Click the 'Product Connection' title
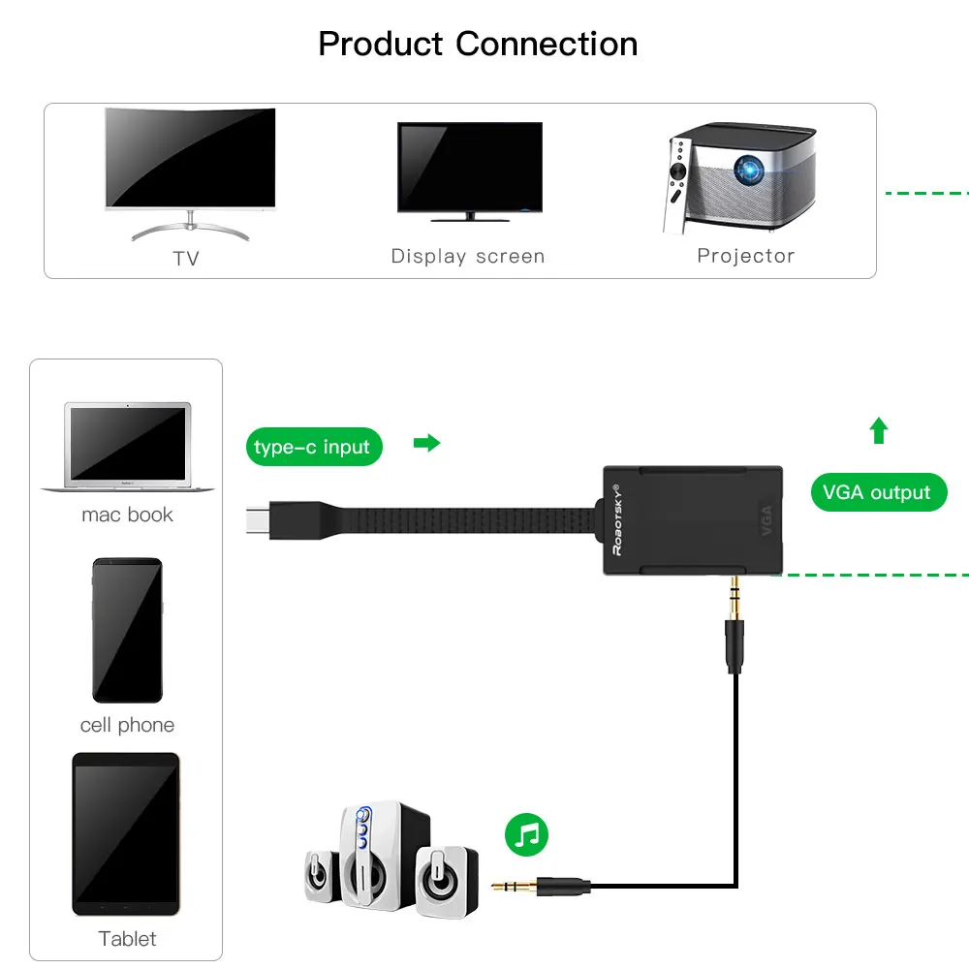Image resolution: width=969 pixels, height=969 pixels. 478,45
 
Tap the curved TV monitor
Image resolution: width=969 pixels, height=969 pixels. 190,173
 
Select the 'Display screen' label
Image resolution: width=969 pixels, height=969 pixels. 468,256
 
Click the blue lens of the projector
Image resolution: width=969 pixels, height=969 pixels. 748,170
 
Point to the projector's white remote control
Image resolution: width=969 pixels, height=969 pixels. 676,185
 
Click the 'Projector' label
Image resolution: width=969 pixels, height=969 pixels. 746,255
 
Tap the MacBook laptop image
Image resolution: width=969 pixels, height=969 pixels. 128,447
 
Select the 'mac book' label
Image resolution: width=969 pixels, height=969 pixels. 127,515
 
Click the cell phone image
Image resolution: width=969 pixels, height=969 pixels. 127,631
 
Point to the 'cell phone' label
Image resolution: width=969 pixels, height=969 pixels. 127,725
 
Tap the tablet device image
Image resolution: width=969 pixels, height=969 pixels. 126,833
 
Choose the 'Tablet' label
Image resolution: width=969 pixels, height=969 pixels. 127,939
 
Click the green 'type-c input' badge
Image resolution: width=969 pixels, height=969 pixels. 314,446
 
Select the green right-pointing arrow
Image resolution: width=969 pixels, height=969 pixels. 426,443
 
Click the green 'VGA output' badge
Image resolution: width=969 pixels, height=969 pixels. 879,492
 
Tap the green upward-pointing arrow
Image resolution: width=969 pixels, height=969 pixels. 879,430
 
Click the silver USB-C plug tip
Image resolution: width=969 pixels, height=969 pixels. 258,519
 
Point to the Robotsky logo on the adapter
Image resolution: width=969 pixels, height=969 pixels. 617,519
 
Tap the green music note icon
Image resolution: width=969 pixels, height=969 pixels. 526,835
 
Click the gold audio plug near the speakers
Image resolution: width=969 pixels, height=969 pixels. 515,887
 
